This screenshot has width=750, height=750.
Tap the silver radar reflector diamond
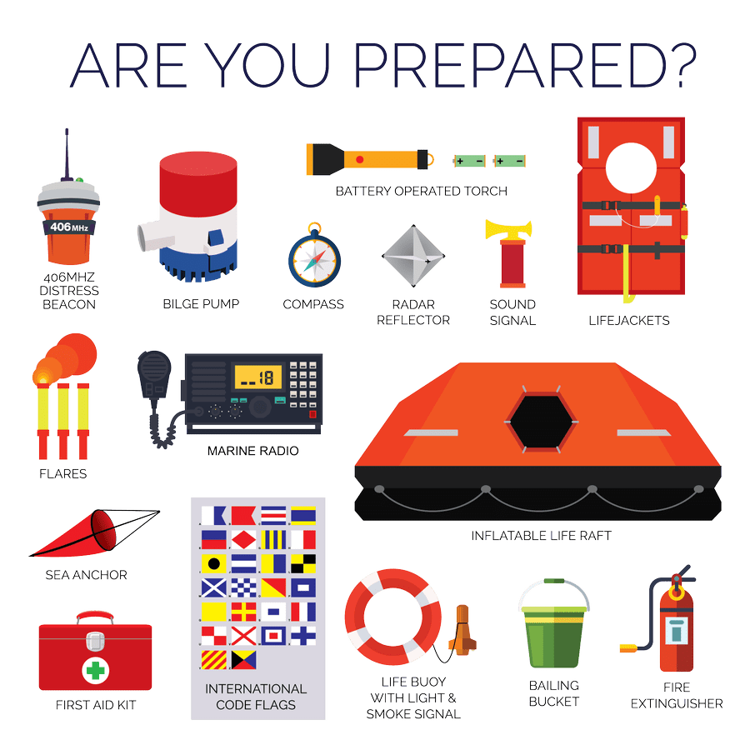coord(411,257)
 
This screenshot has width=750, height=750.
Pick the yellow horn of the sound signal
coord(499,227)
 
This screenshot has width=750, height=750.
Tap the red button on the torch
coord(359,157)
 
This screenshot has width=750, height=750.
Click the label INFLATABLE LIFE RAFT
coord(540,536)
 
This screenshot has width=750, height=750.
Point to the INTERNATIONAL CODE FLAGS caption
coord(255,697)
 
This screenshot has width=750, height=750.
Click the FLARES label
coord(62,473)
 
